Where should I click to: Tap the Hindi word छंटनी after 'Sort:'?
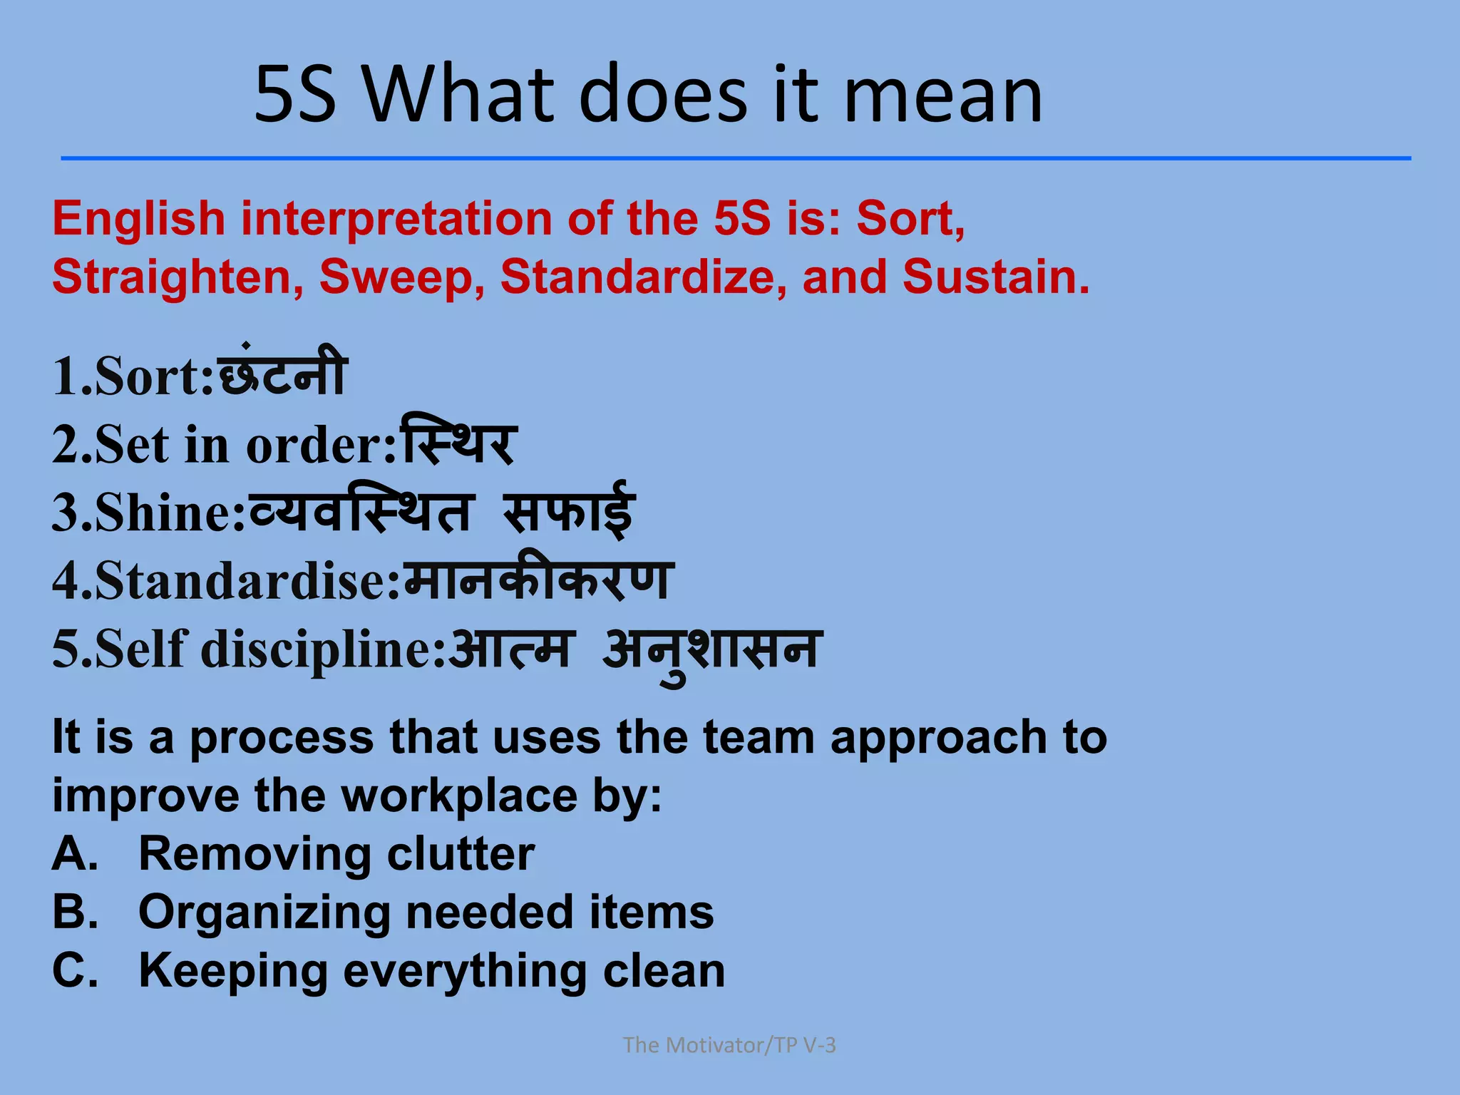pos(282,374)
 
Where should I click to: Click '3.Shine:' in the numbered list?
pos(148,513)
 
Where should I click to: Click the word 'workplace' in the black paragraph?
pos(459,796)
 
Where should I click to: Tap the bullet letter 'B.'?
pos(75,912)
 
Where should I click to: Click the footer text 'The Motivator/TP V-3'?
pos(729,1045)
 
